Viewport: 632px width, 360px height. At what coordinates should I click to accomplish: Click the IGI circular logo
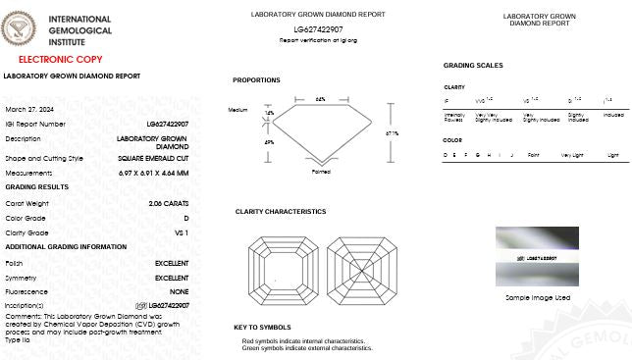point(24,31)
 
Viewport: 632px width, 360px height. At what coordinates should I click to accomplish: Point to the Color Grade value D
point(186,218)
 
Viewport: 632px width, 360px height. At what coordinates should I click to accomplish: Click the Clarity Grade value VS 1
point(182,232)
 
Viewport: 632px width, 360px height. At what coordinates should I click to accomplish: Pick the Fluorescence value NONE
point(180,291)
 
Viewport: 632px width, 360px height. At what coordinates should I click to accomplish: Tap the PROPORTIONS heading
point(256,80)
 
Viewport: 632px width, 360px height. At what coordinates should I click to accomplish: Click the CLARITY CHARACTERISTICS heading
point(281,212)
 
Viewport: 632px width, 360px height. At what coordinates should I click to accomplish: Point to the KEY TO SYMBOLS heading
point(262,328)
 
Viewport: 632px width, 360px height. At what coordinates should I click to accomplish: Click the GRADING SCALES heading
point(473,66)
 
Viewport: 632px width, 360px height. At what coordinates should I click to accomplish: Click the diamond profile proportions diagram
point(320,131)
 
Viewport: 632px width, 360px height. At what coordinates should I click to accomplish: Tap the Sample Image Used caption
point(537,297)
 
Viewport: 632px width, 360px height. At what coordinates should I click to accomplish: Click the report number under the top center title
point(318,30)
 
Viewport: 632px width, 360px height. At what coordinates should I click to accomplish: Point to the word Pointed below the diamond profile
point(321,171)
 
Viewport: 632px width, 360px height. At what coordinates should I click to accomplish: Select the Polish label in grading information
point(16,264)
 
